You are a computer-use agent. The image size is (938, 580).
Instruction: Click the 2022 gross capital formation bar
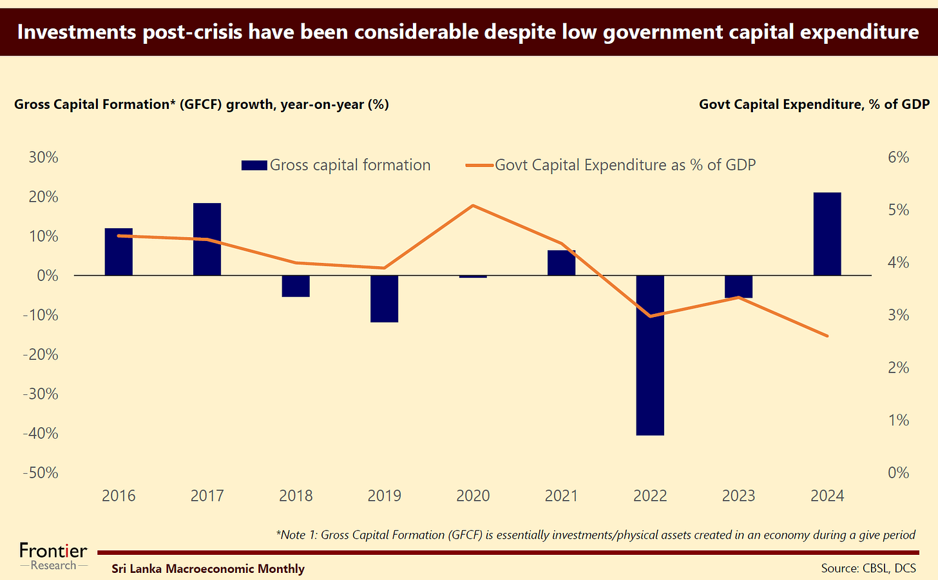click(x=650, y=355)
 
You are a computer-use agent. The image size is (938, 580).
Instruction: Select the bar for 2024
click(x=827, y=234)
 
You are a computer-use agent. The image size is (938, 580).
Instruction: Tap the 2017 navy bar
click(x=207, y=239)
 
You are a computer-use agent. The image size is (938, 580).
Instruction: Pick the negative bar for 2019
click(x=385, y=298)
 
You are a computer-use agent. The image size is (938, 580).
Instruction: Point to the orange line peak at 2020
click(x=473, y=206)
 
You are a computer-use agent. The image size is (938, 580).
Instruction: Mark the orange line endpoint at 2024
click(x=827, y=336)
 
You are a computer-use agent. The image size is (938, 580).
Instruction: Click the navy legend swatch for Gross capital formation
click(x=254, y=166)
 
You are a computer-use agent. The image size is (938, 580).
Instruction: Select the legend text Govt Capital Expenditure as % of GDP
click(x=625, y=165)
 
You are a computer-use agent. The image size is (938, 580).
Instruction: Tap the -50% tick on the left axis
click(x=41, y=472)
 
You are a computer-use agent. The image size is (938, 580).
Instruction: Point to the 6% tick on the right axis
click(x=898, y=157)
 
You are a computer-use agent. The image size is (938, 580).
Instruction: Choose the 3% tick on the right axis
click(x=898, y=315)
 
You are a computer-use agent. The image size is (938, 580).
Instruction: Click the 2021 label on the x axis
click(x=561, y=496)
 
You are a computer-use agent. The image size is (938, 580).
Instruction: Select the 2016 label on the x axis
click(x=119, y=496)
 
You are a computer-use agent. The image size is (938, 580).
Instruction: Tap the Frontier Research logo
click(x=53, y=556)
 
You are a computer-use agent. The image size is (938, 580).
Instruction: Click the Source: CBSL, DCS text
click(x=868, y=568)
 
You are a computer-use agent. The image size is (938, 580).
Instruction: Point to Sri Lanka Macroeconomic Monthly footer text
click(x=208, y=568)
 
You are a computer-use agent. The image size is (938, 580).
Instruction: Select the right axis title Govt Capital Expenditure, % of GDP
click(x=814, y=104)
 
